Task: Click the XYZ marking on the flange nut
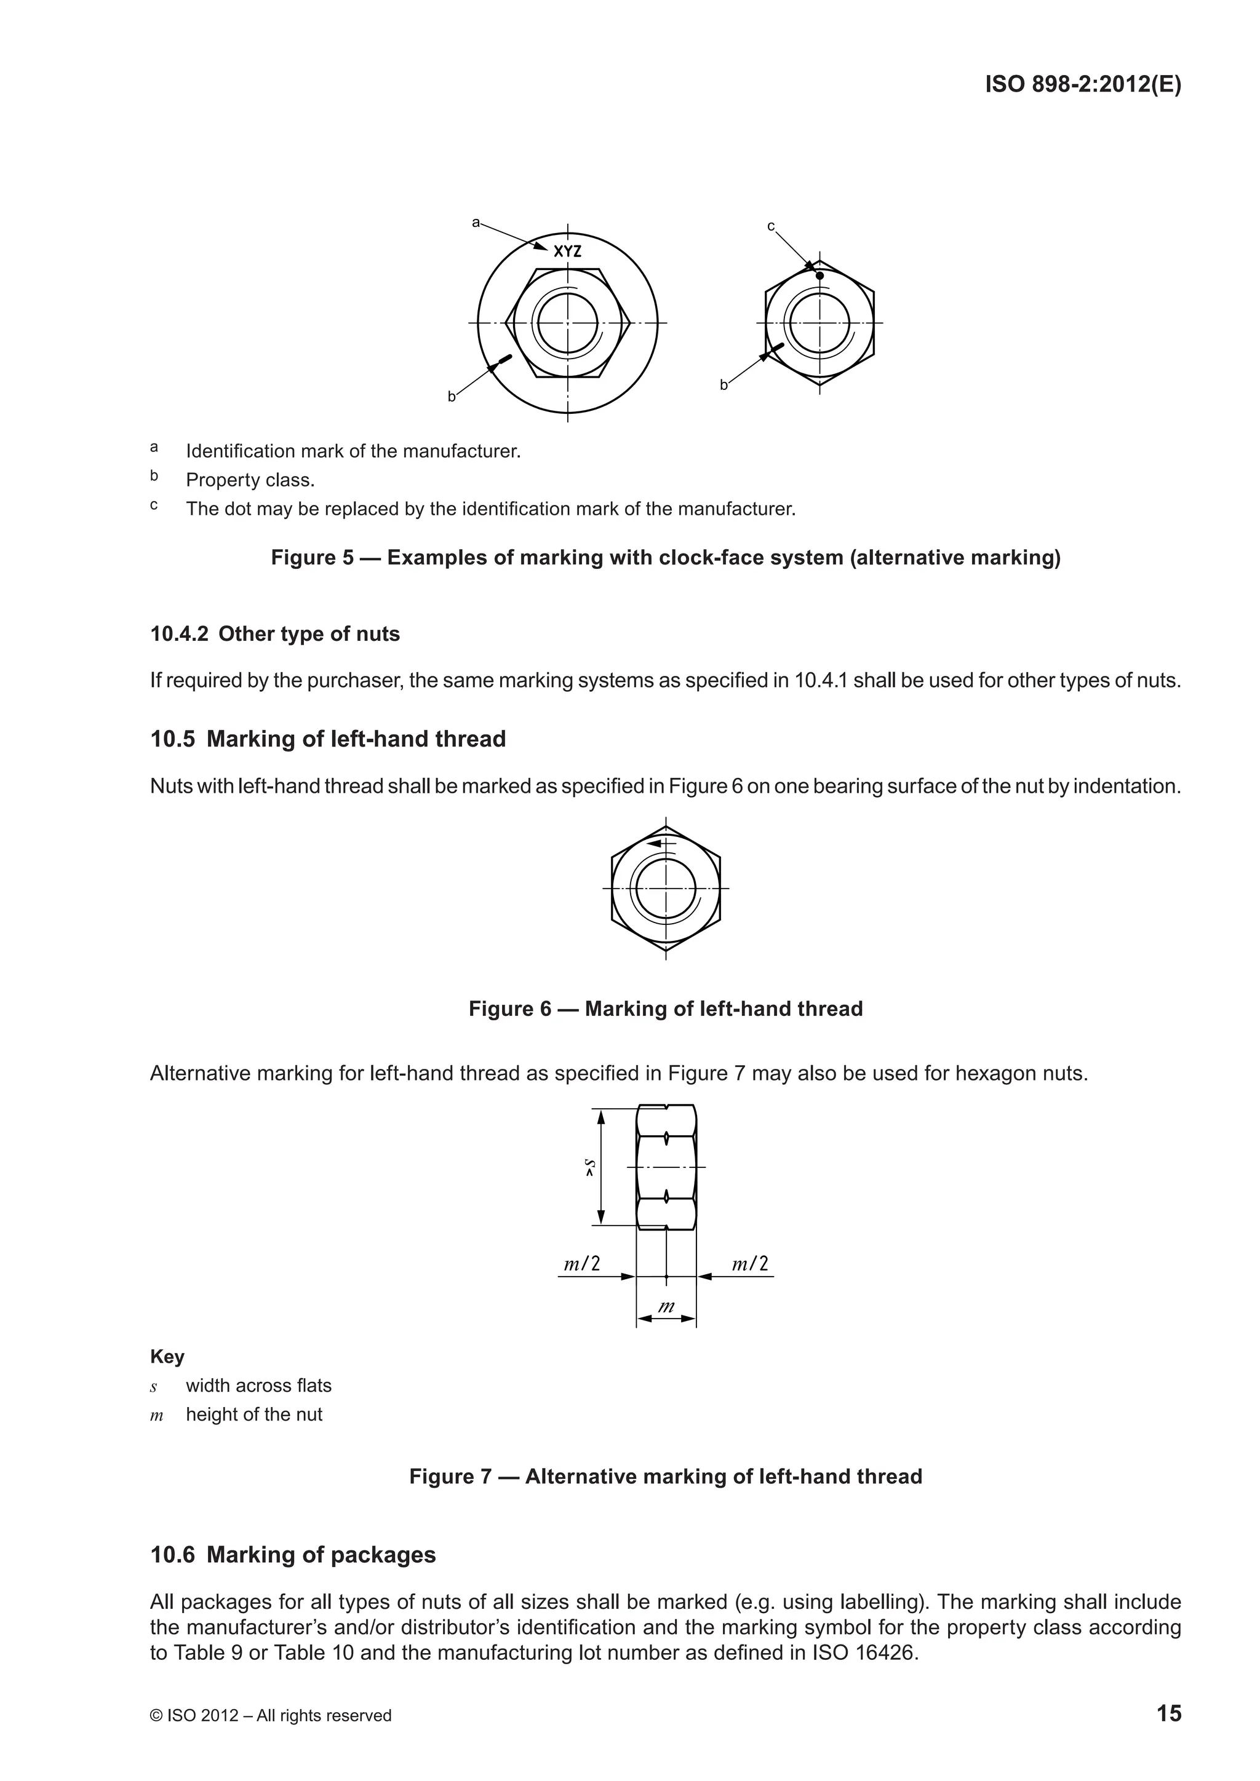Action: [x=567, y=252]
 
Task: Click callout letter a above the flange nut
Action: [x=476, y=223]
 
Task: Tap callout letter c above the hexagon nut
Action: [x=770, y=226]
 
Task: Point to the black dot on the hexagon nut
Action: [x=819, y=276]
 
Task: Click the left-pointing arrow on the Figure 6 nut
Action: [x=658, y=843]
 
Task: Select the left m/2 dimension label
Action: [x=582, y=1264]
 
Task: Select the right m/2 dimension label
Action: [x=750, y=1264]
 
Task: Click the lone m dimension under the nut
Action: [x=666, y=1306]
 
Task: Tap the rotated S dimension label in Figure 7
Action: [x=591, y=1167]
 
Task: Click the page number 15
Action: [x=1168, y=1713]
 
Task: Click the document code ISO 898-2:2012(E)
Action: [x=1083, y=84]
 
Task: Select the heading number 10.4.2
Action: [x=179, y=634]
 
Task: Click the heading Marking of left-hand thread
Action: [x=356, y=739]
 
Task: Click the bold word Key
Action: [x=167, y=1356]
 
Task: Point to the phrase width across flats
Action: [x=258, y=1386]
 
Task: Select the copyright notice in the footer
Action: [x=270, y=1715]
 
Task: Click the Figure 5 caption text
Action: [x=665, y=558]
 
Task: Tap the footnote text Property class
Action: [x=250, y=480]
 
